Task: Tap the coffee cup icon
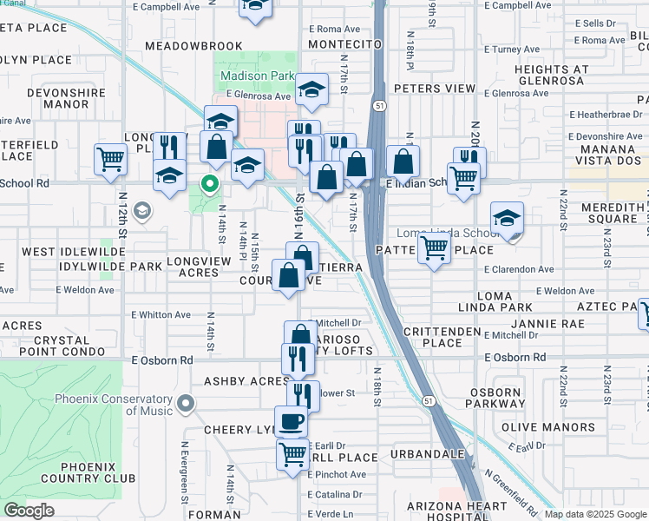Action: pos(292,421)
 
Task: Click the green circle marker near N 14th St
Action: pos(208,183)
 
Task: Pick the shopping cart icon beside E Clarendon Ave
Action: pos(434,248)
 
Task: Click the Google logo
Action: pos(29,511)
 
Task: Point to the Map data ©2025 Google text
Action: pos(596,515)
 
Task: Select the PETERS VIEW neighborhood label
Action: pos(435,89)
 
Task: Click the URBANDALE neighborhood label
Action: pos(427,454)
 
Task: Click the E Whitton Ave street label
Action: pos(161,315)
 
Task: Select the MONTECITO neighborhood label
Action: pos(345,43)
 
